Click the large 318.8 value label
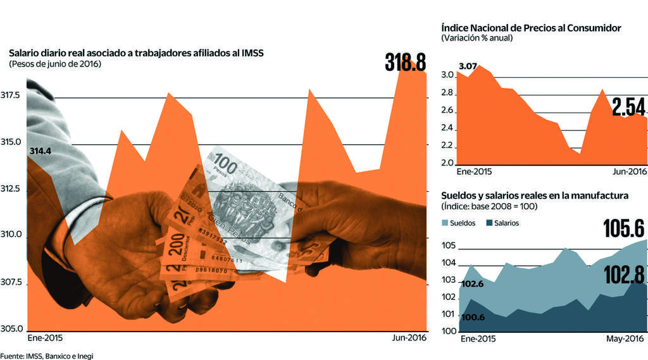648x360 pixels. click(405, 63)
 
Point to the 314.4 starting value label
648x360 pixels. click(40, 151)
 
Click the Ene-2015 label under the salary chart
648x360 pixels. click(45, 338)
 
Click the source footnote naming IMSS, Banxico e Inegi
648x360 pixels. click(47, 356)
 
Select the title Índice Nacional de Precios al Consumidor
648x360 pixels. click(530, 28)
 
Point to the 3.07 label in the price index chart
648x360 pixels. click(468, 66)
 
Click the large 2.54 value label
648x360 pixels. click(629, 105)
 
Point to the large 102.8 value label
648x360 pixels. click(623, 275)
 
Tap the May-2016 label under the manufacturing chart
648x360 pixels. click(625, 338)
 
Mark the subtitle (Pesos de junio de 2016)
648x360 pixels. click(55, 65)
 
